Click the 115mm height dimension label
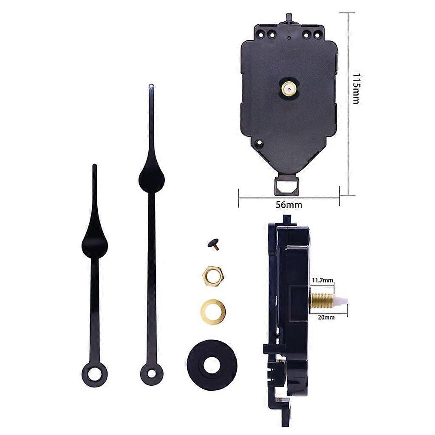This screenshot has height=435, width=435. click(356, 89)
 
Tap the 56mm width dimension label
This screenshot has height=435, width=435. click(289, 205)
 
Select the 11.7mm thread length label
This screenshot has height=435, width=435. click(322, 280)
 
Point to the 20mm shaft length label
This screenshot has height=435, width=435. click(326, 317)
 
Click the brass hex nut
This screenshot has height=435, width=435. click(212, 276)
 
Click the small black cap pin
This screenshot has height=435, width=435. click(213, 243)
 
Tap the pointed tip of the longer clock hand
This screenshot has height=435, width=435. click(151, 87)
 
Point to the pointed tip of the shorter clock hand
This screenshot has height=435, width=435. click(94, 167)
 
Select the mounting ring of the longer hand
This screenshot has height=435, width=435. click(152, 373)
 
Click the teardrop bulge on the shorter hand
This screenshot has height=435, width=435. click(94, 244)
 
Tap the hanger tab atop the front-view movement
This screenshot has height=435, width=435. click(290, 18)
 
